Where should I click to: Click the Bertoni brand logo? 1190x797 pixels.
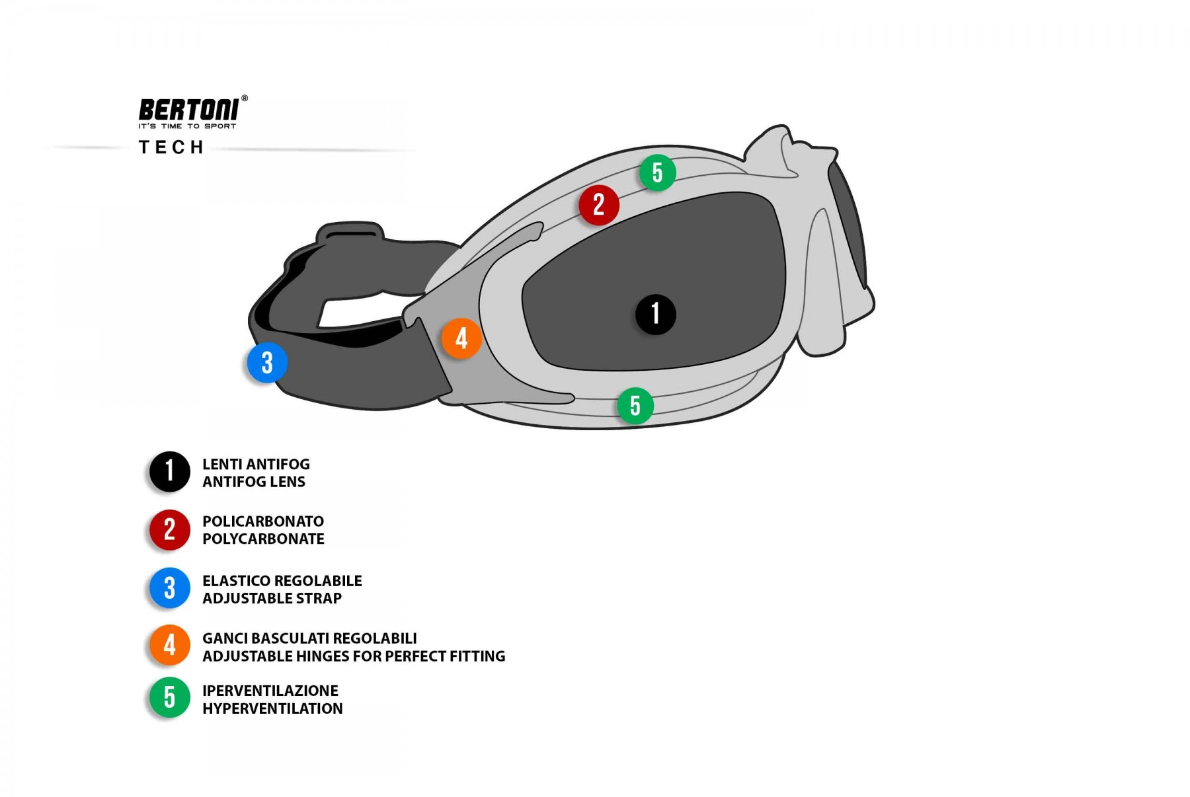189,110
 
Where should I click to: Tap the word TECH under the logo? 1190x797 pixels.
171,147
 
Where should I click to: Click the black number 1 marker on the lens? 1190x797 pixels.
655,314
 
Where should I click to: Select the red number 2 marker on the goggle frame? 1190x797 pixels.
598,205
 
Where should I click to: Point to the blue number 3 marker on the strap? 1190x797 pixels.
267,363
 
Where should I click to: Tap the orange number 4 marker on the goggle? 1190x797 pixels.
461,338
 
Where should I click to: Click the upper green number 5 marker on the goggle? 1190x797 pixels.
657,173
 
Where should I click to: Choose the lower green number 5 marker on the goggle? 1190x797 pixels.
635,406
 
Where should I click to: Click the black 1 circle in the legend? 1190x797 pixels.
170,472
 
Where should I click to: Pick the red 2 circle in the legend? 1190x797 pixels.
170,530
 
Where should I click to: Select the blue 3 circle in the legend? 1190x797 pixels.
170,588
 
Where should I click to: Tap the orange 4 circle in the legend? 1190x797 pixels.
170,645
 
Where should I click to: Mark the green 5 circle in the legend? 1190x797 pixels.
170,697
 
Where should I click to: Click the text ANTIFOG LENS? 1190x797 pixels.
254,482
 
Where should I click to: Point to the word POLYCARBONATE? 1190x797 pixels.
263,539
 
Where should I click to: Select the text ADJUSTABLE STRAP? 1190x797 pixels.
272,598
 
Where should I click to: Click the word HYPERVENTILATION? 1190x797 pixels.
272,708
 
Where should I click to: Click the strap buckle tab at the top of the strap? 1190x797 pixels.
351,233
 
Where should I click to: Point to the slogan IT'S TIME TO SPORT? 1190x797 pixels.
187,126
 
